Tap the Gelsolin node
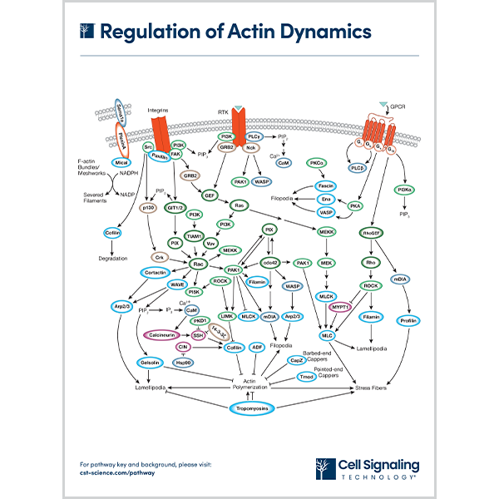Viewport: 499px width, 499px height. coord(151,363)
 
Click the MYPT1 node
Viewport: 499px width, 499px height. coord(341,307)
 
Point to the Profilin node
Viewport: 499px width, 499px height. coord(407,320)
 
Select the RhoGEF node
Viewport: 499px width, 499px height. coord(372,233)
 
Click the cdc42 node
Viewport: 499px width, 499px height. coord(271,264)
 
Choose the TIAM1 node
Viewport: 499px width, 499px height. coord(197,235)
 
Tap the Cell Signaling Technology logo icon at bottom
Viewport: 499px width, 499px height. coord(325,468)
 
